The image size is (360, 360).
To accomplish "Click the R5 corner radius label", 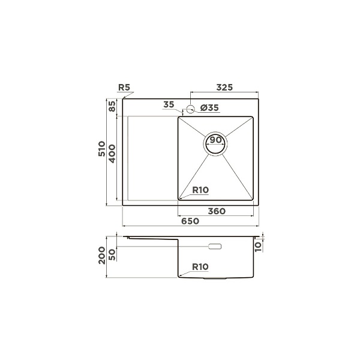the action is (124, 88).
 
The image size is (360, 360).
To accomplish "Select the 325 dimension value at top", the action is (224, 88).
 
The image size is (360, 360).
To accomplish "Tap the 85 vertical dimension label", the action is (112, 106).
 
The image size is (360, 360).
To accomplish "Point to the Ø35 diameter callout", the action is (209, 107).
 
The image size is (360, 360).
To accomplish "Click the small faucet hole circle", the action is (190, 109).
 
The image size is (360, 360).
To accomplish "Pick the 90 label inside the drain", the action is (215, 140).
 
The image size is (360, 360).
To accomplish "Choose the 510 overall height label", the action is (102, 149).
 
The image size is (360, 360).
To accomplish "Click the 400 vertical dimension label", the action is (112, 154).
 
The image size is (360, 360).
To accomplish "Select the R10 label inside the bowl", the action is (200, 190).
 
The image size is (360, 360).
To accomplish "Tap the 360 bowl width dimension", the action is (217, 211).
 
